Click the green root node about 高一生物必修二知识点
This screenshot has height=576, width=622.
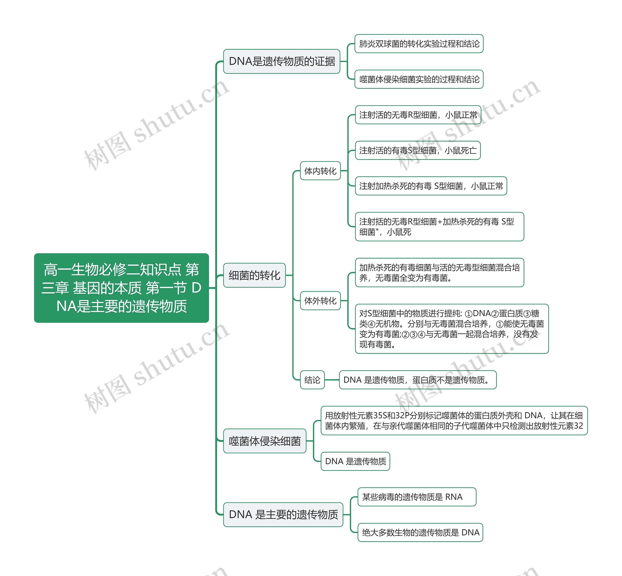click(x=121, y=288)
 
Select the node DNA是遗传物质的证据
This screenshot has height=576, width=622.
click(x=282, y=62)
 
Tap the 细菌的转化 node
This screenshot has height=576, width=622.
click(x=254, y=275)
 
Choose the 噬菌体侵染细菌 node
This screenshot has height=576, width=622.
click(x=264, y=441)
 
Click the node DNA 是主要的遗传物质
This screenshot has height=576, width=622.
click(x=283, y=514)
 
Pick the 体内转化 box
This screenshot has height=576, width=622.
click(x=320, y=171)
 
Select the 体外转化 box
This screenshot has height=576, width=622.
click(x=320, y=301)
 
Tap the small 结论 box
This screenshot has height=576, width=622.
click(x=312, y=380)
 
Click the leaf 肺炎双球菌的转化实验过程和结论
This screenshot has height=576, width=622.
click(x=419, y=44)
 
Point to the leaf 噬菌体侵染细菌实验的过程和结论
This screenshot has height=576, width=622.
click(x=419, y=79)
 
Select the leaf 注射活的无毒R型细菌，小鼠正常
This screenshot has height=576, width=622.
click(x=418, y=115)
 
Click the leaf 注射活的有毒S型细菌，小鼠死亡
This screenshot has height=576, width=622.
click(x=418, y=151)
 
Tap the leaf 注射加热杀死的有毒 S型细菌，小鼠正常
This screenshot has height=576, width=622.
click(x=431, y=186)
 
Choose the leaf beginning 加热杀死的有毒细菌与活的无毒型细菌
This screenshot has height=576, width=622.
click(x=440, y=273)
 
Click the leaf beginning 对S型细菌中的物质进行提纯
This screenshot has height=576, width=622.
click(x=452, y=329)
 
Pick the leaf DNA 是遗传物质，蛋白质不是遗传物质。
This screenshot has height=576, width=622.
click(x=418, y=380)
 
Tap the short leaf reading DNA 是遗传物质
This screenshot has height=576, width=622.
click(x=355, y=461)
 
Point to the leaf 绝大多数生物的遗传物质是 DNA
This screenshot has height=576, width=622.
click(x=420, y=532)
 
